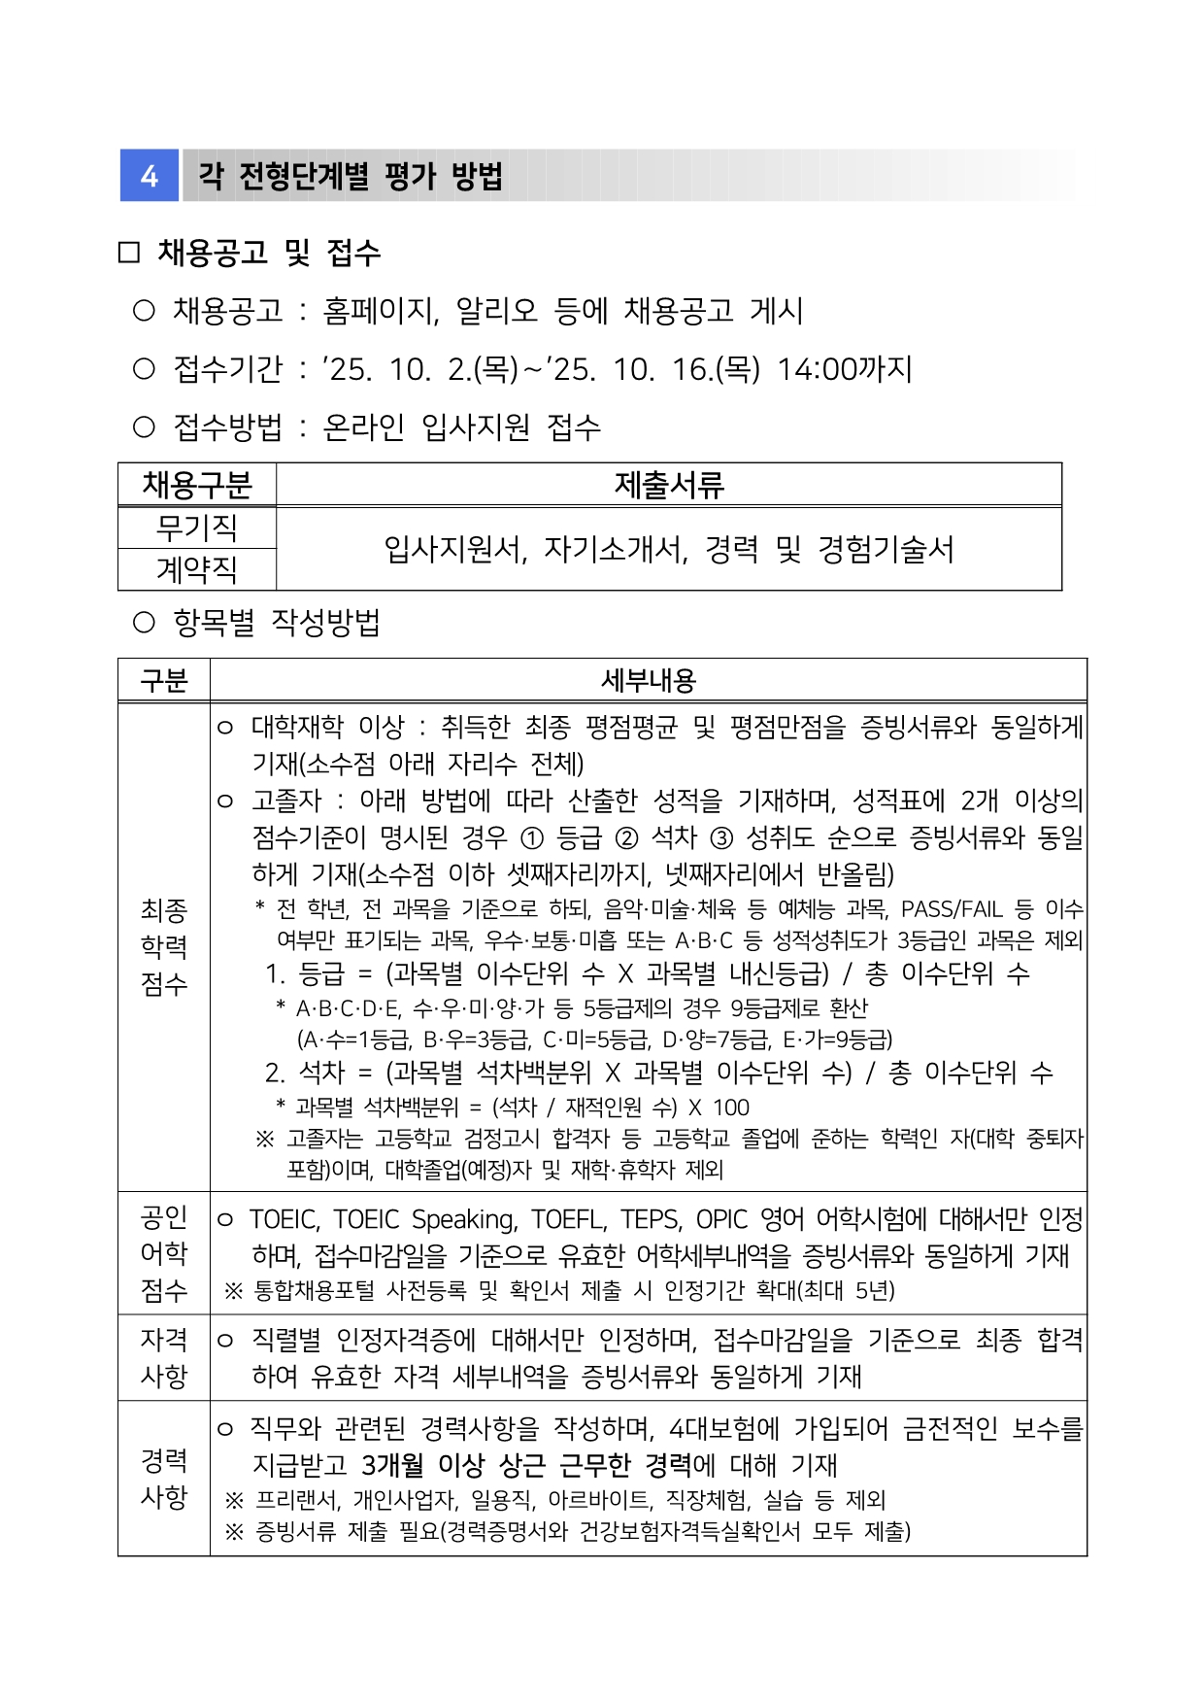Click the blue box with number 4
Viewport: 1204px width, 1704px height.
pyautogui.click(x=149, y=176)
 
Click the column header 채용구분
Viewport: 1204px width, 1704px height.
pyautogui.click(x=197, y=484)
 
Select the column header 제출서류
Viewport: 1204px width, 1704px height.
pyautogui.click(x=668, y=484)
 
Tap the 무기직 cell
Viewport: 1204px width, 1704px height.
pyautogui.click(x=197, y=528)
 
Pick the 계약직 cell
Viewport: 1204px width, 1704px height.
pyautogui.click(x=197, y=569)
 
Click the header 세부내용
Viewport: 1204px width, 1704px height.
pyautogui.click(x=648, y=680)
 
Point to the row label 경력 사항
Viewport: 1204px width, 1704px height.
pyautogui.click(x=163, y=1478)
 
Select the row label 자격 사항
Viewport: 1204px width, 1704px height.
pyautogui.click(x=163, y=1357)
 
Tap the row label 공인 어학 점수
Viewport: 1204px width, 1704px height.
pyautogui.click(x=163, y=1253)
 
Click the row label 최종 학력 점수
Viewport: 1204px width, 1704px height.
pyautogui.click(x=163, y=946)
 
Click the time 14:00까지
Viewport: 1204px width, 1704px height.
pyautogui.click(x=844, y=369)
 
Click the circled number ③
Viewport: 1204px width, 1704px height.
pyautogui.click(x=721, y=837)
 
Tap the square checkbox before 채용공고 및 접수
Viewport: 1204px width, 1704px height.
pyautogui.click(x=128, y=254)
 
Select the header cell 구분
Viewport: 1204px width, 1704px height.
pyautogui.click(x=163, y=680)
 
